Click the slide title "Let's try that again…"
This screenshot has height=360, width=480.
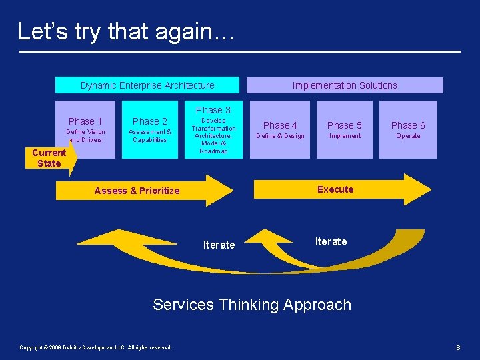click(x=126, y=31)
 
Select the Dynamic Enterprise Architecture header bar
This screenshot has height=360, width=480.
click(x=147, y=85)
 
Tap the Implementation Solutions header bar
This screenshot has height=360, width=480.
click(x=345, y=85)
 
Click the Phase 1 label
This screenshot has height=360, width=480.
click(x=85, y=121)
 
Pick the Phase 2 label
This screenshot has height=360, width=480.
click(x=150, y=121)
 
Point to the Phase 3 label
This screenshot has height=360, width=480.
click(x=213, y=110)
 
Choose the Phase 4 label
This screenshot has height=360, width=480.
click(x=280, y=125)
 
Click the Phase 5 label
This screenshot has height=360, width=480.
click(x=345, y=125)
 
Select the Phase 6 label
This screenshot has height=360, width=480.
click(x=408, y=125)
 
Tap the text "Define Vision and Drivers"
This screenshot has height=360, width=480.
click(x=85, y=136)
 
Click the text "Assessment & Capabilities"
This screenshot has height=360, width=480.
click(x=150, y=136)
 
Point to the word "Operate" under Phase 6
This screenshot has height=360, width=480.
click(x=408, y=136)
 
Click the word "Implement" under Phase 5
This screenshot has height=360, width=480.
click(x=345, y=136)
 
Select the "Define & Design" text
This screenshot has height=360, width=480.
click(x=280, y=136)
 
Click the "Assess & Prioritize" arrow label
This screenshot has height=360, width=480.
click(x=137, y=191)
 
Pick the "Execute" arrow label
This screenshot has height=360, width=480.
click(x=335, y=189)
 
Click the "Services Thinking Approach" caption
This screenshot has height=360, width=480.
click(x=251, y=305)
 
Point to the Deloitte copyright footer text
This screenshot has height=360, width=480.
click(x=96, y=347)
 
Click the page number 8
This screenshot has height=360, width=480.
click(x=458, y=347)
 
